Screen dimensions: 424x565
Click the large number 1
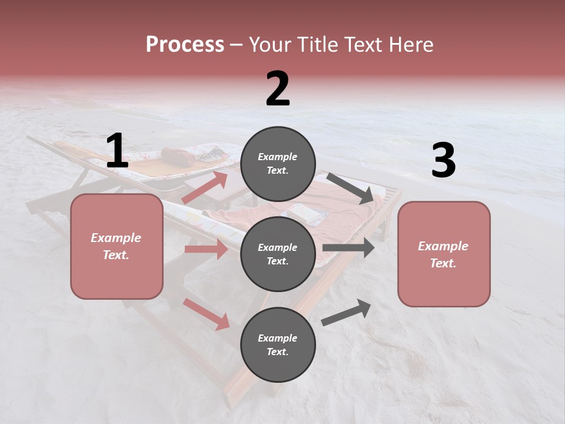117,151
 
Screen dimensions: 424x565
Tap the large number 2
278,89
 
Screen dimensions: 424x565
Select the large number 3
443,161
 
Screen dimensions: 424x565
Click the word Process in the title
185,44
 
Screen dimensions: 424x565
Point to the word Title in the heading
315,44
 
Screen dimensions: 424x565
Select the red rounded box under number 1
117,246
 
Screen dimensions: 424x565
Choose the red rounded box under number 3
444,254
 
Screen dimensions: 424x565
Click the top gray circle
278,164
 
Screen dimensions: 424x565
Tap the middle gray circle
278,254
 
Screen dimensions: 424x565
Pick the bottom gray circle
278,344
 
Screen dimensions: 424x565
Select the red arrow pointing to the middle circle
206,249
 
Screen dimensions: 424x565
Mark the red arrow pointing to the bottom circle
207,314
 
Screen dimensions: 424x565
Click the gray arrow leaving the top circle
351,188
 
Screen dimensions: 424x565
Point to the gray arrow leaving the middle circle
348,248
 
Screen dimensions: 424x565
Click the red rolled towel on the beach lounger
178,156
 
